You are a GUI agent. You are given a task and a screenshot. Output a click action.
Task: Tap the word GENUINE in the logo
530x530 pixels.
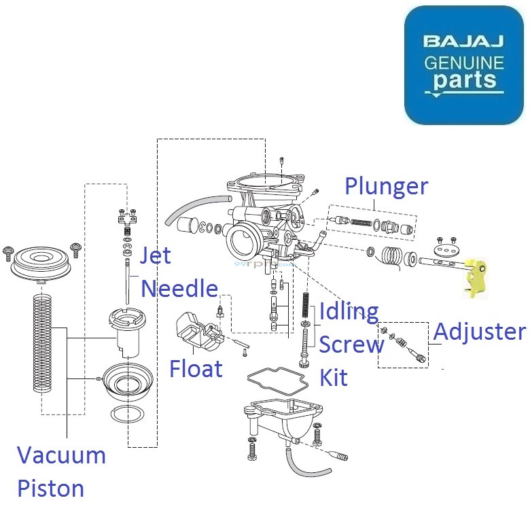click(464, 63)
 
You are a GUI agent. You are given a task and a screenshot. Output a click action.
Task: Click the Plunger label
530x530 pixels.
click(386, 187)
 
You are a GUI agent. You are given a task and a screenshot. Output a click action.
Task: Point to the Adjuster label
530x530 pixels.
click(479, 332)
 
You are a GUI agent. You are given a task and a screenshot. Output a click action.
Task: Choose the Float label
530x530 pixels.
click(196, 368)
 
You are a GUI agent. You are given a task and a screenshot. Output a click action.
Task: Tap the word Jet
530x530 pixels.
click(155, 257)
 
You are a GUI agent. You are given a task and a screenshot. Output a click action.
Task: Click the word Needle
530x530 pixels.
click(179, 289)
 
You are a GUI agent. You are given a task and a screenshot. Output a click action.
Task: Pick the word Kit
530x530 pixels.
click(334, 377)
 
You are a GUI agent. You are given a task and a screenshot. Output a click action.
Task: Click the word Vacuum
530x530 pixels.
click(61, 455)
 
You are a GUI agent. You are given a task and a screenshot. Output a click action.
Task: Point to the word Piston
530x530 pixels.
click(50, 488)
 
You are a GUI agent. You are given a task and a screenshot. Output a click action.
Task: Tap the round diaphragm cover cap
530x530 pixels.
click(41, 262)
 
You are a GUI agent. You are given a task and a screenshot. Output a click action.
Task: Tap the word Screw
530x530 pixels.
click(351, 345)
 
